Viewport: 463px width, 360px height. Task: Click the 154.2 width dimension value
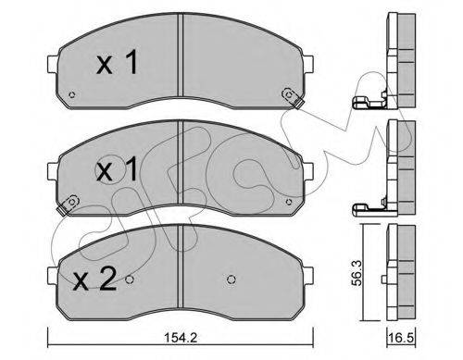click(x=181, y=338)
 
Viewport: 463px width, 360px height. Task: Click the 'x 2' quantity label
click(x=94, y=279)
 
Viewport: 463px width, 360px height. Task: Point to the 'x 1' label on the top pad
click(x=117, y=63)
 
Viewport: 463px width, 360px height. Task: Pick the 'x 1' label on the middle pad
click(x=117, y=168)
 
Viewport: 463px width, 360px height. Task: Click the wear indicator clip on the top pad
click(x=293, y=98)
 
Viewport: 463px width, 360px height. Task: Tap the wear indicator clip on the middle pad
click(x=68, y=205)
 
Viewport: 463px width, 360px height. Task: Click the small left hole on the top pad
click(x=72, y=94)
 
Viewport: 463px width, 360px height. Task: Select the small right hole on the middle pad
click(x=289, y=202)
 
